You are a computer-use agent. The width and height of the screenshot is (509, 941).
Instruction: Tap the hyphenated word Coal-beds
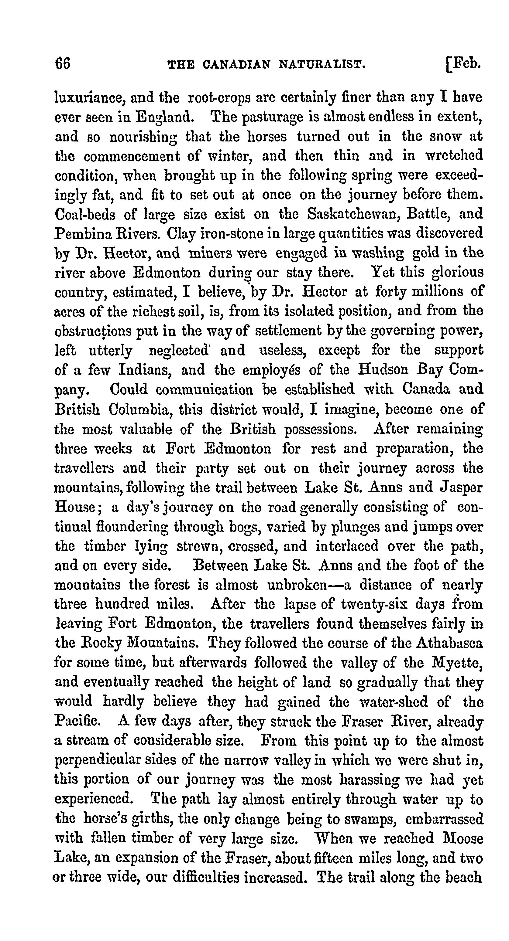(85, 214)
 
